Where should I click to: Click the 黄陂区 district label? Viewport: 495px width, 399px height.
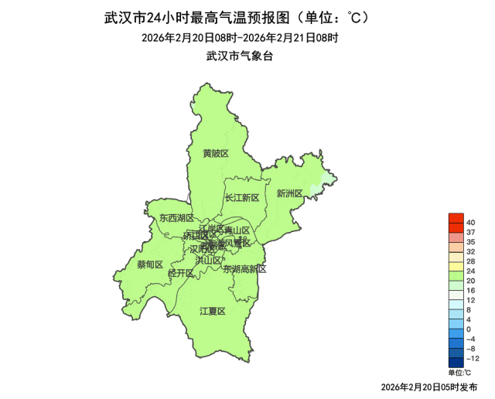tap(216, 154)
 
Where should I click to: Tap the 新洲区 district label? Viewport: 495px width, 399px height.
tap(289, 193)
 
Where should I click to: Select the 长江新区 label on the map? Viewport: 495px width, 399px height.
tap(242, 198)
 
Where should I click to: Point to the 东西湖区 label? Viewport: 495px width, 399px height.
tap(177, 219)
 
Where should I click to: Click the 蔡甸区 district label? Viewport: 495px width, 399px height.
tap(150, 264)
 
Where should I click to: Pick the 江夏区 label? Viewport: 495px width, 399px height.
tap(212, 311)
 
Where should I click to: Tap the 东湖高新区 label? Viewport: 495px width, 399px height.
tap(244, 270)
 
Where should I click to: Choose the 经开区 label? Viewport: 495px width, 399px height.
tap(180, 273)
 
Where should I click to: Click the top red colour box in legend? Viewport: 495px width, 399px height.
tap(456, 218)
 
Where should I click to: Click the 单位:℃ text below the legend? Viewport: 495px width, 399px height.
tap(459, 372)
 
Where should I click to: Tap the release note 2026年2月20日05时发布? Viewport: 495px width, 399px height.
tap(429, 386)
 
